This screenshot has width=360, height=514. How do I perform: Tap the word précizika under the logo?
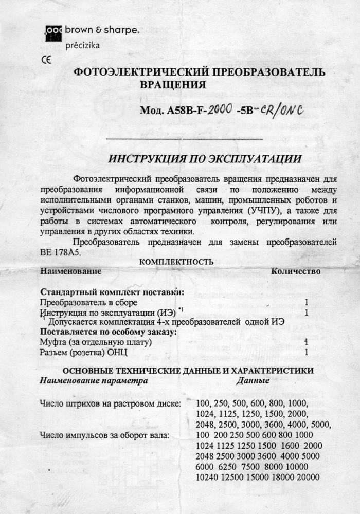click(83, 45)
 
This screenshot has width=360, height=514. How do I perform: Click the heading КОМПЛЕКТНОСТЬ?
click(176, 262)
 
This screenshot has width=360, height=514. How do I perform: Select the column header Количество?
click(296, 271)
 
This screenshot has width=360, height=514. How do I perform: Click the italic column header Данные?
click(253, 381)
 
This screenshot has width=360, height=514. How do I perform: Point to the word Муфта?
click(53, 342)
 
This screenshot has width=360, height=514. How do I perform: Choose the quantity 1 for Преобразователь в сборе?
click(307, 303)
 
